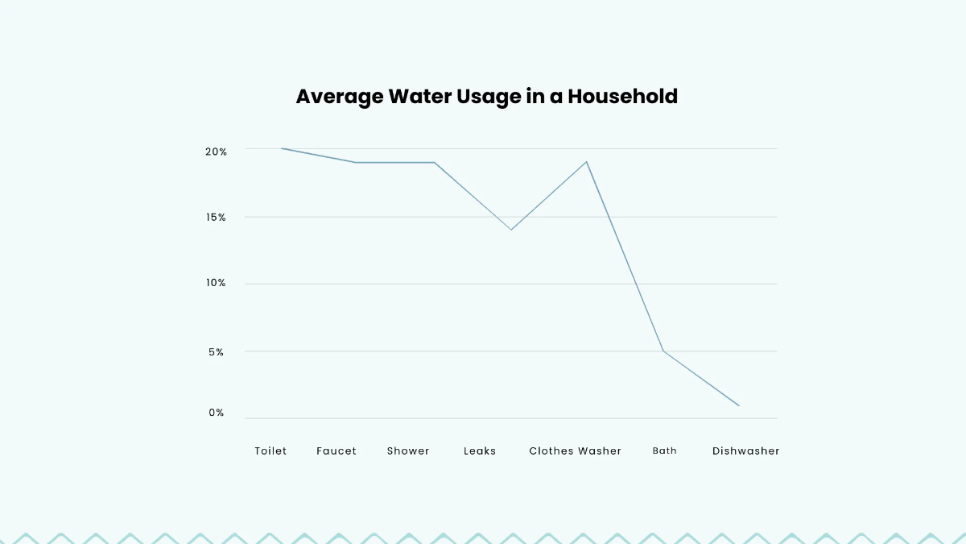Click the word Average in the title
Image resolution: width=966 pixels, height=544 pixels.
[x=339, y=97]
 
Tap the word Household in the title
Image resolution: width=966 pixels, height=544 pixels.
[x=622, y=97]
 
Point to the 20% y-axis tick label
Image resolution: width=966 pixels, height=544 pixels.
[x=216, y=152]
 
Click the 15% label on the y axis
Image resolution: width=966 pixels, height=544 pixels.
[x=216, y=218]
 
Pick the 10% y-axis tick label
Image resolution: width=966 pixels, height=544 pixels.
[x=216, y=284]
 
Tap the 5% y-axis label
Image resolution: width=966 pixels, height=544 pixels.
[x=216, y=352]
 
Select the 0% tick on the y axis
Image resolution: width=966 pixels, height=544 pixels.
[x=217, y=413]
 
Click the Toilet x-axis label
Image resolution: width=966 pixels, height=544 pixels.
[x=270, y=451]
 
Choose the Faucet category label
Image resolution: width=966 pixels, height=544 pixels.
[x=336, y=451]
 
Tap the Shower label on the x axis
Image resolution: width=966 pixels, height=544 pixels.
[x=408, y=451]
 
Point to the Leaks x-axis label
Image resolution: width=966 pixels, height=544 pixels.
[x=480, y=451]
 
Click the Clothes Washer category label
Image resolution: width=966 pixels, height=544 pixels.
[x=575, y=451]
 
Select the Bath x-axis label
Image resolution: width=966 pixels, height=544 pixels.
[x=664, y=451]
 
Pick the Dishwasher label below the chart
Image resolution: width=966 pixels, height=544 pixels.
[x=745, y=451]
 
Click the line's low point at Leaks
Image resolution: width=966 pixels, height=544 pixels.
[x=510, y=230]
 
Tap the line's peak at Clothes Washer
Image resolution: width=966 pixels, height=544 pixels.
[x=586, y=162]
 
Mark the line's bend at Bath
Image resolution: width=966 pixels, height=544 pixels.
[x=663, y=351]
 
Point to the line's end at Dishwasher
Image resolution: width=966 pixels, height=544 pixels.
[x=738, y=405]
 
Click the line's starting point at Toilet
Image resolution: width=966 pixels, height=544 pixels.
[x=282, y=148]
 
